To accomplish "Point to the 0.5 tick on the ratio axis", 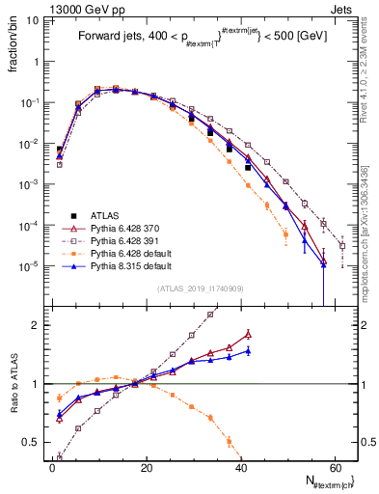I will [33, 443].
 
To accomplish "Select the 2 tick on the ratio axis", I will [37, 325].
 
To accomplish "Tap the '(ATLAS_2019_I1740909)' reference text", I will [200, 288].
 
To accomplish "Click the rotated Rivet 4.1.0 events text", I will [369, 72].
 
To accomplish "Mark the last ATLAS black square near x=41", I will [248, 167].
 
